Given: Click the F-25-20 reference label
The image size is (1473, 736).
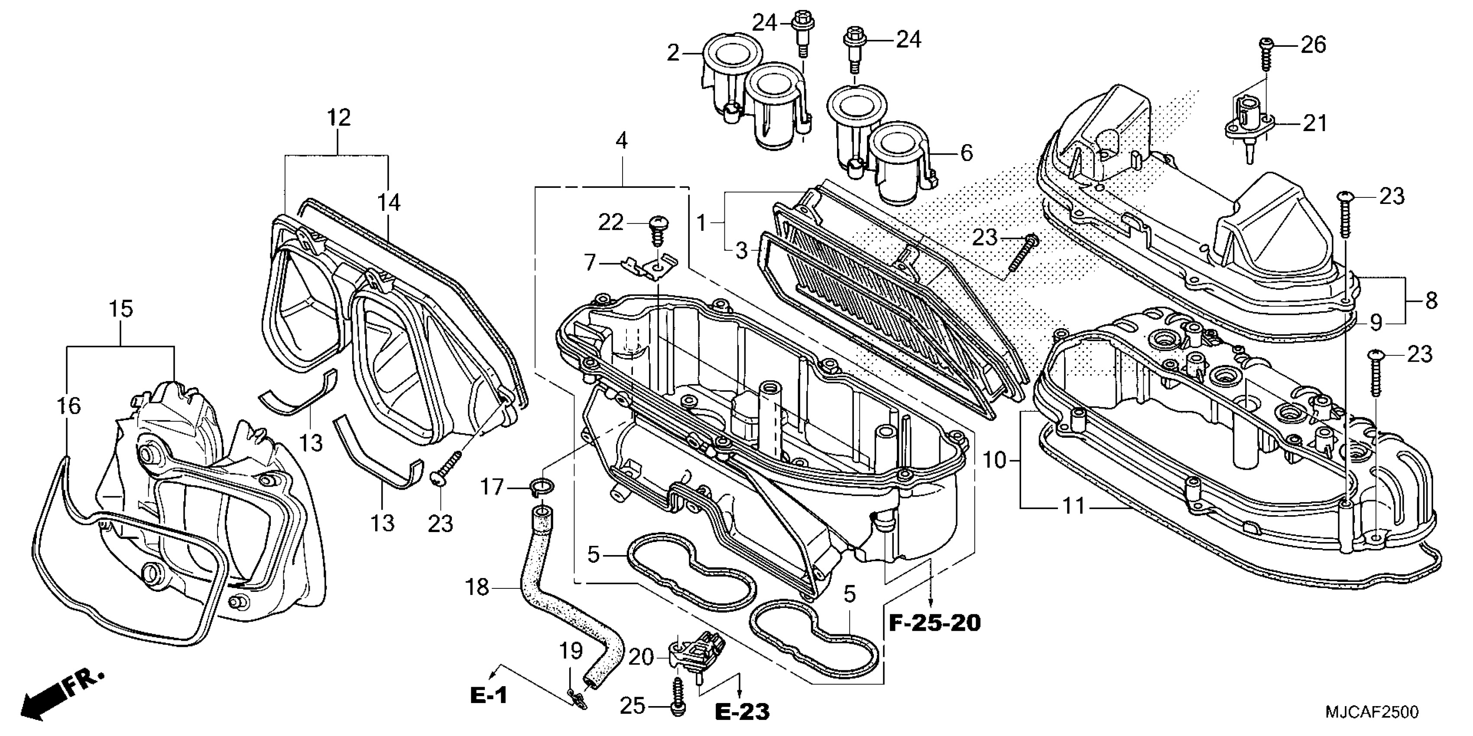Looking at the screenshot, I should tap(934, 622).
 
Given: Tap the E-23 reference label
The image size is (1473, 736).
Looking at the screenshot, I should tap(742, 711).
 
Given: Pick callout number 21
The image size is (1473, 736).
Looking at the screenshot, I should tap(1314, 123).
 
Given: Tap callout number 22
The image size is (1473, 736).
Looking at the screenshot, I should tap(610, 222).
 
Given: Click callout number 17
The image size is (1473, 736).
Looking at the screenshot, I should tap(492, 487).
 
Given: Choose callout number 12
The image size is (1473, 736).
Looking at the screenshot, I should tap(338, 118).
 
